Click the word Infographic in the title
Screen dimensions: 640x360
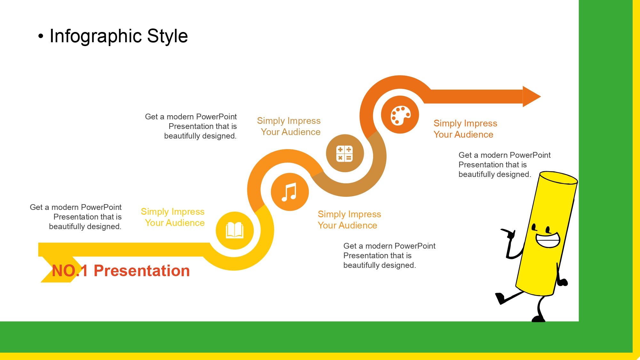pos(95,36)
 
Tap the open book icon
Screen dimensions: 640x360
pos(235,230)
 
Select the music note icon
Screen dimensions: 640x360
pos(289,192)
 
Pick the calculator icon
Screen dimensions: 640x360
pos(344,153)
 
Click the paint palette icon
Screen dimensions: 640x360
pos(400,115)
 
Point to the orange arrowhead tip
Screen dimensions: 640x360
pos(540,96)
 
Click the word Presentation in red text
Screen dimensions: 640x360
pos(142,271)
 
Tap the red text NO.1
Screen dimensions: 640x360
pos(69,271)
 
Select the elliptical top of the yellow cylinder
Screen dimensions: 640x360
pos(558,178)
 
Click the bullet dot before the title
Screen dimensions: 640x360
pos(40,36)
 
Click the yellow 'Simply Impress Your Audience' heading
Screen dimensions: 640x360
pos(173,217)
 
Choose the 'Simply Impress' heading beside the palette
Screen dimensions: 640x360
pos(465,123)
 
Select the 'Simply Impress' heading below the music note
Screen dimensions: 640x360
pos(349,214)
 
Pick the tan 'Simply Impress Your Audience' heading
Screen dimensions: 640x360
pos(289,126)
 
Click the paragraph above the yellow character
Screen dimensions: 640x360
pos(505,165)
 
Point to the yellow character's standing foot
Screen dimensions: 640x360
pos(538,319)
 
